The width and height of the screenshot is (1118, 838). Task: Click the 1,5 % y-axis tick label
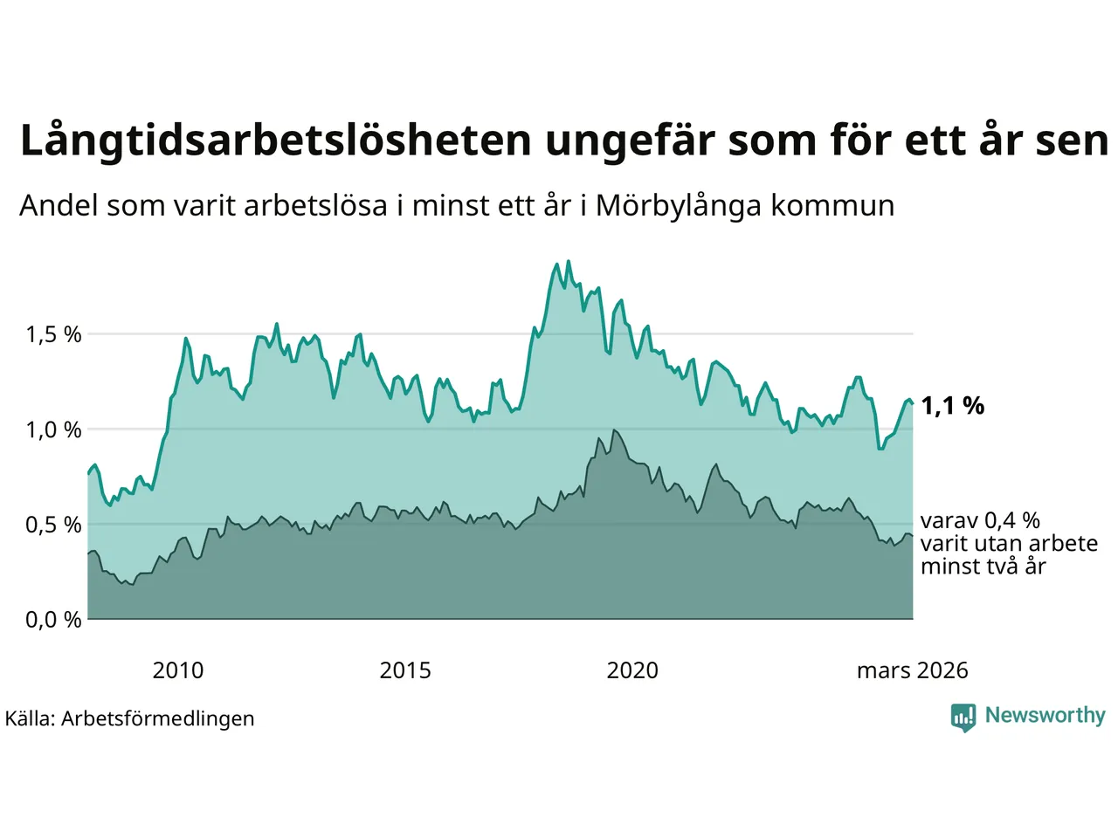(x=53, y=334)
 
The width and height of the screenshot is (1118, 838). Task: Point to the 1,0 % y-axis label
(x=53, y=429)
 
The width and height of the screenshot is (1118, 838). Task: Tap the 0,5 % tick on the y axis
(x=53, y=525)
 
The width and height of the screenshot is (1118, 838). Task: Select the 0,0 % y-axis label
(x=53, y=620)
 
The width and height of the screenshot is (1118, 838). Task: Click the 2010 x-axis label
(x=177, y=670)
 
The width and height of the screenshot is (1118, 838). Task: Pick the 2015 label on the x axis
(x=405, y=670)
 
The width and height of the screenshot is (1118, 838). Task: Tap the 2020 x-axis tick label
(x=632, y=670)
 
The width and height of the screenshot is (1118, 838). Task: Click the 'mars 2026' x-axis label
(x=912, y=670)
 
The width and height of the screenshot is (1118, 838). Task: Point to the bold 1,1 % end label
(x=952, y=406)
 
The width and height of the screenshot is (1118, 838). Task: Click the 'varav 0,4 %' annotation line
(x=980, y=521)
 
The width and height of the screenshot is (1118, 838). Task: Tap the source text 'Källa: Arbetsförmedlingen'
(x=130, y=718)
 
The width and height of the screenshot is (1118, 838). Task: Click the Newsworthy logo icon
(x=963, y=717)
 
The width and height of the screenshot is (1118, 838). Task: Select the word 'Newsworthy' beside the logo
(x=1045, y=716)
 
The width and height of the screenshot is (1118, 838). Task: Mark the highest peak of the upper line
(x=569, y=260)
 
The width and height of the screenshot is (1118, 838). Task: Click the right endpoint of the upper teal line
(x=913, y=403)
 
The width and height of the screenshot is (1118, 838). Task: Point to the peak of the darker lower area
(x=615, y=429)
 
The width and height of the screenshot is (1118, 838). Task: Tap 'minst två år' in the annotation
(x=983, y=567)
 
